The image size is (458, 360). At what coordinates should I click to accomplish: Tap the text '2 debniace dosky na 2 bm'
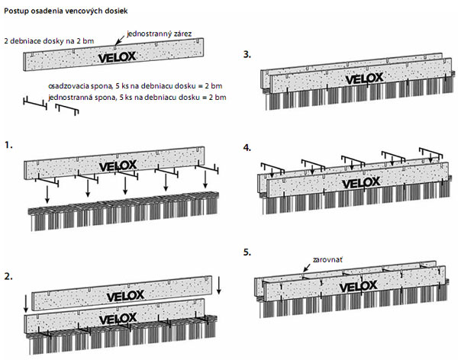[50, 40]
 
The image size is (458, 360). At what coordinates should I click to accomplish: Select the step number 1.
[9, 143]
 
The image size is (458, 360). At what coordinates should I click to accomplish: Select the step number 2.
[9, 278]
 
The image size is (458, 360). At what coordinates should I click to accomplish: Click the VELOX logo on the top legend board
[121, 56]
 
